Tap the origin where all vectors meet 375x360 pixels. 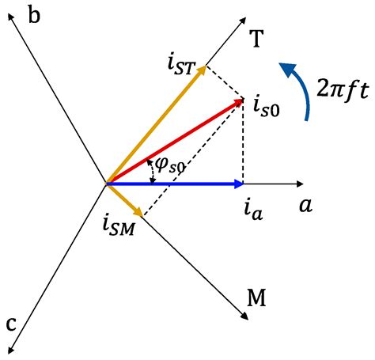point(107,184)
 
